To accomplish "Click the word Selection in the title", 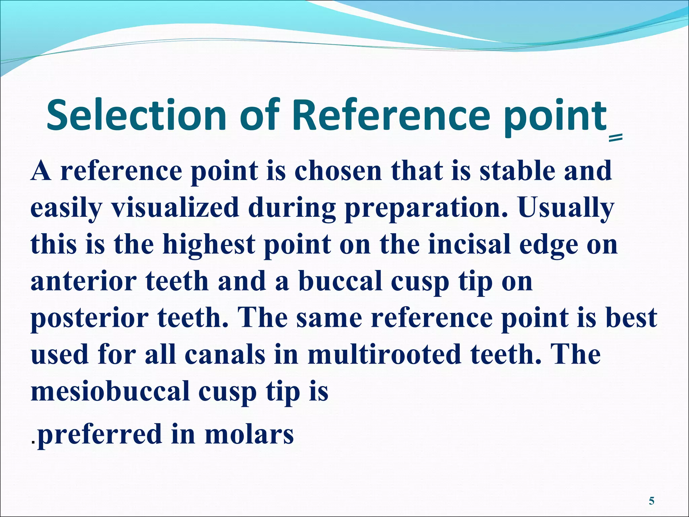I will [136, 115].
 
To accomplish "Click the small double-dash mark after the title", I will [616, 137].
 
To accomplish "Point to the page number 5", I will [651, 501].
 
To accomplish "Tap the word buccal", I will [340, 281].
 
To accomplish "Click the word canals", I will [225, 355].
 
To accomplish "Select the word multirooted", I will [384, 355].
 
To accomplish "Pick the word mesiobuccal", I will [110, 391].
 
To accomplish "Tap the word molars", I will [249, 434].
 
